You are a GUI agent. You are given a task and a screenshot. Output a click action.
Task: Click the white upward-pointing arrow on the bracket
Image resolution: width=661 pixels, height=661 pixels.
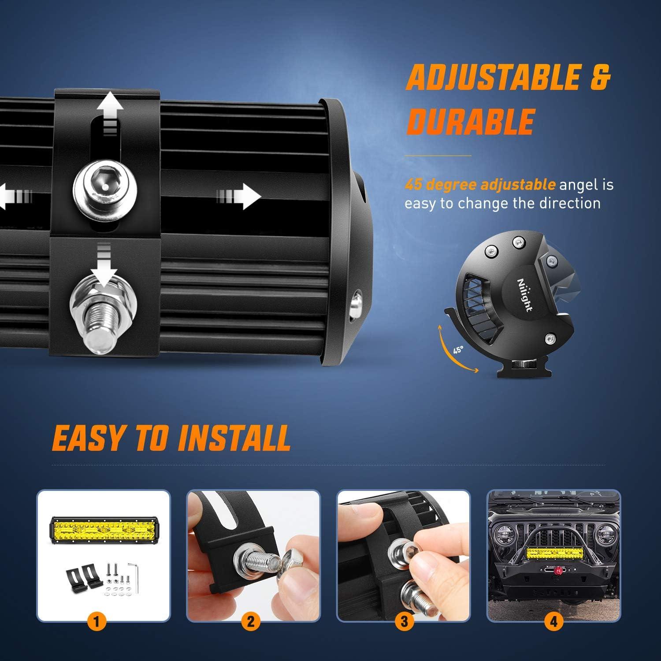pyautogui.click(x=110, y=108)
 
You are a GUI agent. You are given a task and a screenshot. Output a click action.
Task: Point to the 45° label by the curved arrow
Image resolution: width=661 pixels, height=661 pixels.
pyautogui.click(x=458, y=350)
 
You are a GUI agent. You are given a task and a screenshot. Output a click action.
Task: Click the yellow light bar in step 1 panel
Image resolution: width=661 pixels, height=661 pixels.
pyautogui.click(x=103, y=529)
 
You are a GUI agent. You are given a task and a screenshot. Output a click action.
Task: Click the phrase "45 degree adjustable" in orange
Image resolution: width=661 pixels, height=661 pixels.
pyautogui.click(x=480, y=184)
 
